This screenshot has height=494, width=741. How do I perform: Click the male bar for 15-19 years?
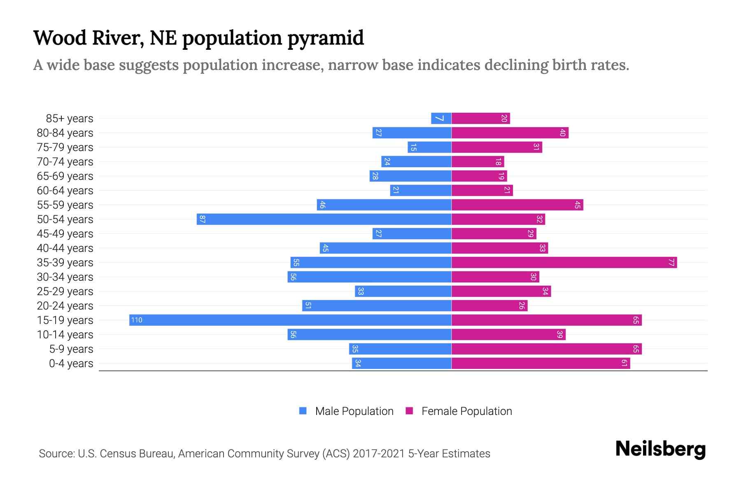pyautogui.click(x=290, y=320)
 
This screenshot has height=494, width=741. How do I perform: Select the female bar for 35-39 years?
pyautogui.click(x=564, y=263)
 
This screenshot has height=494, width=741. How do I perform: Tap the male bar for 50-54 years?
pyautogui.click(x=324, y=219)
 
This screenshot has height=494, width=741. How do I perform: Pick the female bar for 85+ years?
pyautogui.click(x=480, y=119)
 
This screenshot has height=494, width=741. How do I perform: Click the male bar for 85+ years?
pyautogui.click(x=441, y=119)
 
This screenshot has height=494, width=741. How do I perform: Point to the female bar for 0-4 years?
pyautogui.click(x=541, y=364)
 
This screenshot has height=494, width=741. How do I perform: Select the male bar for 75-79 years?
pyautogui.click(x=429, y=147)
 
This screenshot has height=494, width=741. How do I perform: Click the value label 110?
pyautogui.click(x=137, y=320)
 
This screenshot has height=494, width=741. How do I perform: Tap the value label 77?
pyautogui.click(x=671, y=263)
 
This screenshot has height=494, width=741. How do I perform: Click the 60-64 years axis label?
pyautogui.click(x=65, y=191)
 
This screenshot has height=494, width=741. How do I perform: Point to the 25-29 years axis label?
pyautogui.click(x=65, y=291)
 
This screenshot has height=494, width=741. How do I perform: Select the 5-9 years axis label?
pyautogui.click(x=71, y=349)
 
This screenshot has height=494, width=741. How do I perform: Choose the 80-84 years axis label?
pyautogui.click(x=65, y=133)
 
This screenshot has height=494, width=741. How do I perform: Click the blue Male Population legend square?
pyautogui.click(x=303, y=411)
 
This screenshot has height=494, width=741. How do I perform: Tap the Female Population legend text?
pyautogui.click(x=466, y=411)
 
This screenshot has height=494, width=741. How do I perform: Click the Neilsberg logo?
pyautogui.click(x=660, y=449)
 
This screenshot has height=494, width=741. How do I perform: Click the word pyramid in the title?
pyautogui.click(x=326, y=38)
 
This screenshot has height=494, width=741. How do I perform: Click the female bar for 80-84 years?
pyautogui.click(x=510, y=133)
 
